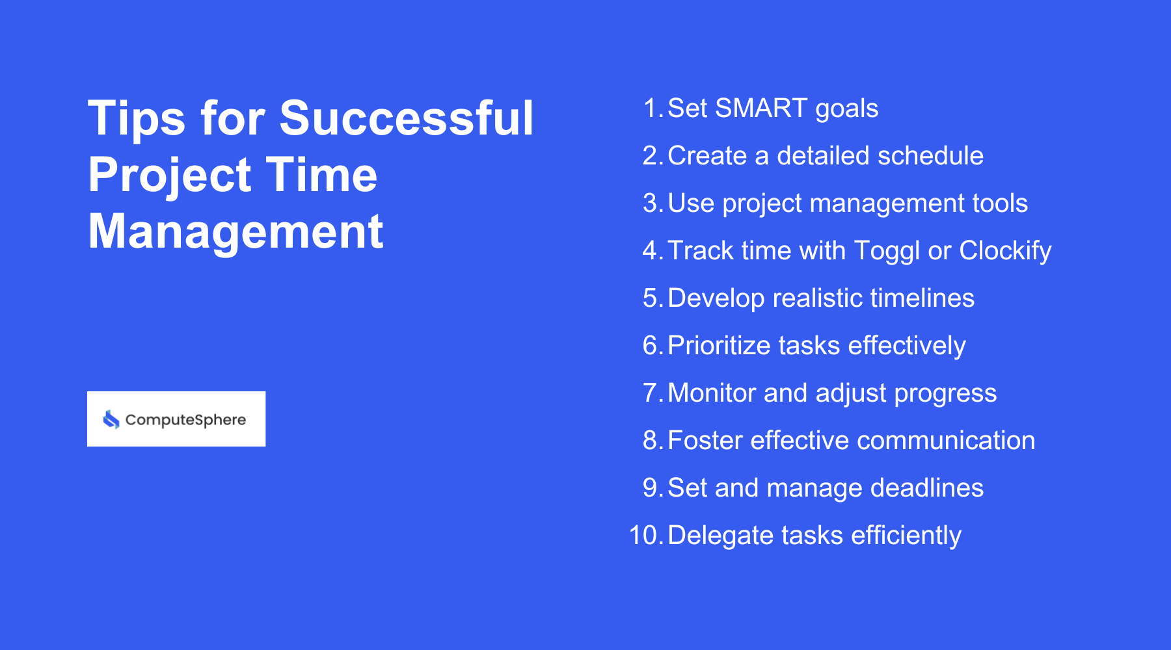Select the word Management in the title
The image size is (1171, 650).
click(x=236, y=232)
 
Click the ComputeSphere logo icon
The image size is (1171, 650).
click(x=111, y=419)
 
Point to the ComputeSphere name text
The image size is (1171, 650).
click(x=185, y=420)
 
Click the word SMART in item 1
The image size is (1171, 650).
click(x=760, y=109)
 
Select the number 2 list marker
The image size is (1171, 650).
click(x=651, y=156)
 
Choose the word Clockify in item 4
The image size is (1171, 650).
click(x=1005, y=251)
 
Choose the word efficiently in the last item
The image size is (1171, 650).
click(x=906, y=536)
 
